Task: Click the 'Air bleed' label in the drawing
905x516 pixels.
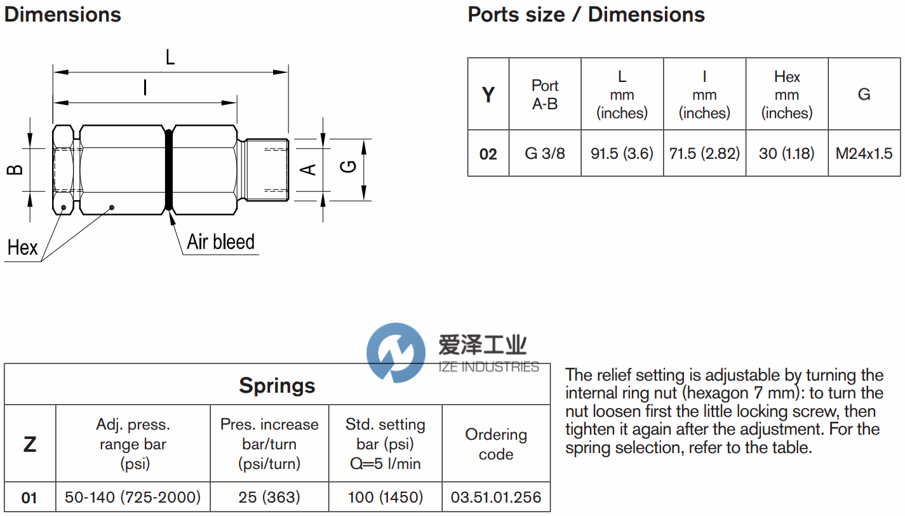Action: tap(220, 242)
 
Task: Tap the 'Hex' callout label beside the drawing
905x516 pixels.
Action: tap(23, 247)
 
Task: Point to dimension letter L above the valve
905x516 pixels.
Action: tap(170, 57)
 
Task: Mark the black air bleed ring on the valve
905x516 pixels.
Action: tap(168, 169)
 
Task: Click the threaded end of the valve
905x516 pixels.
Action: tap(267, 169)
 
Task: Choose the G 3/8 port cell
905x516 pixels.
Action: tap(545, 153)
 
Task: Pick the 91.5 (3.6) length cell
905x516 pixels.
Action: tap(622, 153)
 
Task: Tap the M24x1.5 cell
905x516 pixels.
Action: tap(864, 153)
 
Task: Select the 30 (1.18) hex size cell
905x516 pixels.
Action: tap(787, 153)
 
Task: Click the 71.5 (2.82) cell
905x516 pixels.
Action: tap(704, 153)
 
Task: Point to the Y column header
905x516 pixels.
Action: tap(488, 95)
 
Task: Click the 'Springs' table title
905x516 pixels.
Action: tap(277, 385)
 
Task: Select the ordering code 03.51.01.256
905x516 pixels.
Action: tap(496, 497)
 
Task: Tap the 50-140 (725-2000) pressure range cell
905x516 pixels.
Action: tap(133, 497)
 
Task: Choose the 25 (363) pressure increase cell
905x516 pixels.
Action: tap(269, 497)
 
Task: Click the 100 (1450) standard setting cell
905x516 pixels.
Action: tap(385, 497)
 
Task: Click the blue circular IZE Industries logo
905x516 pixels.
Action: tap(396, 353)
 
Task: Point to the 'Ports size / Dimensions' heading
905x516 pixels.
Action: tap(586, 15)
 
